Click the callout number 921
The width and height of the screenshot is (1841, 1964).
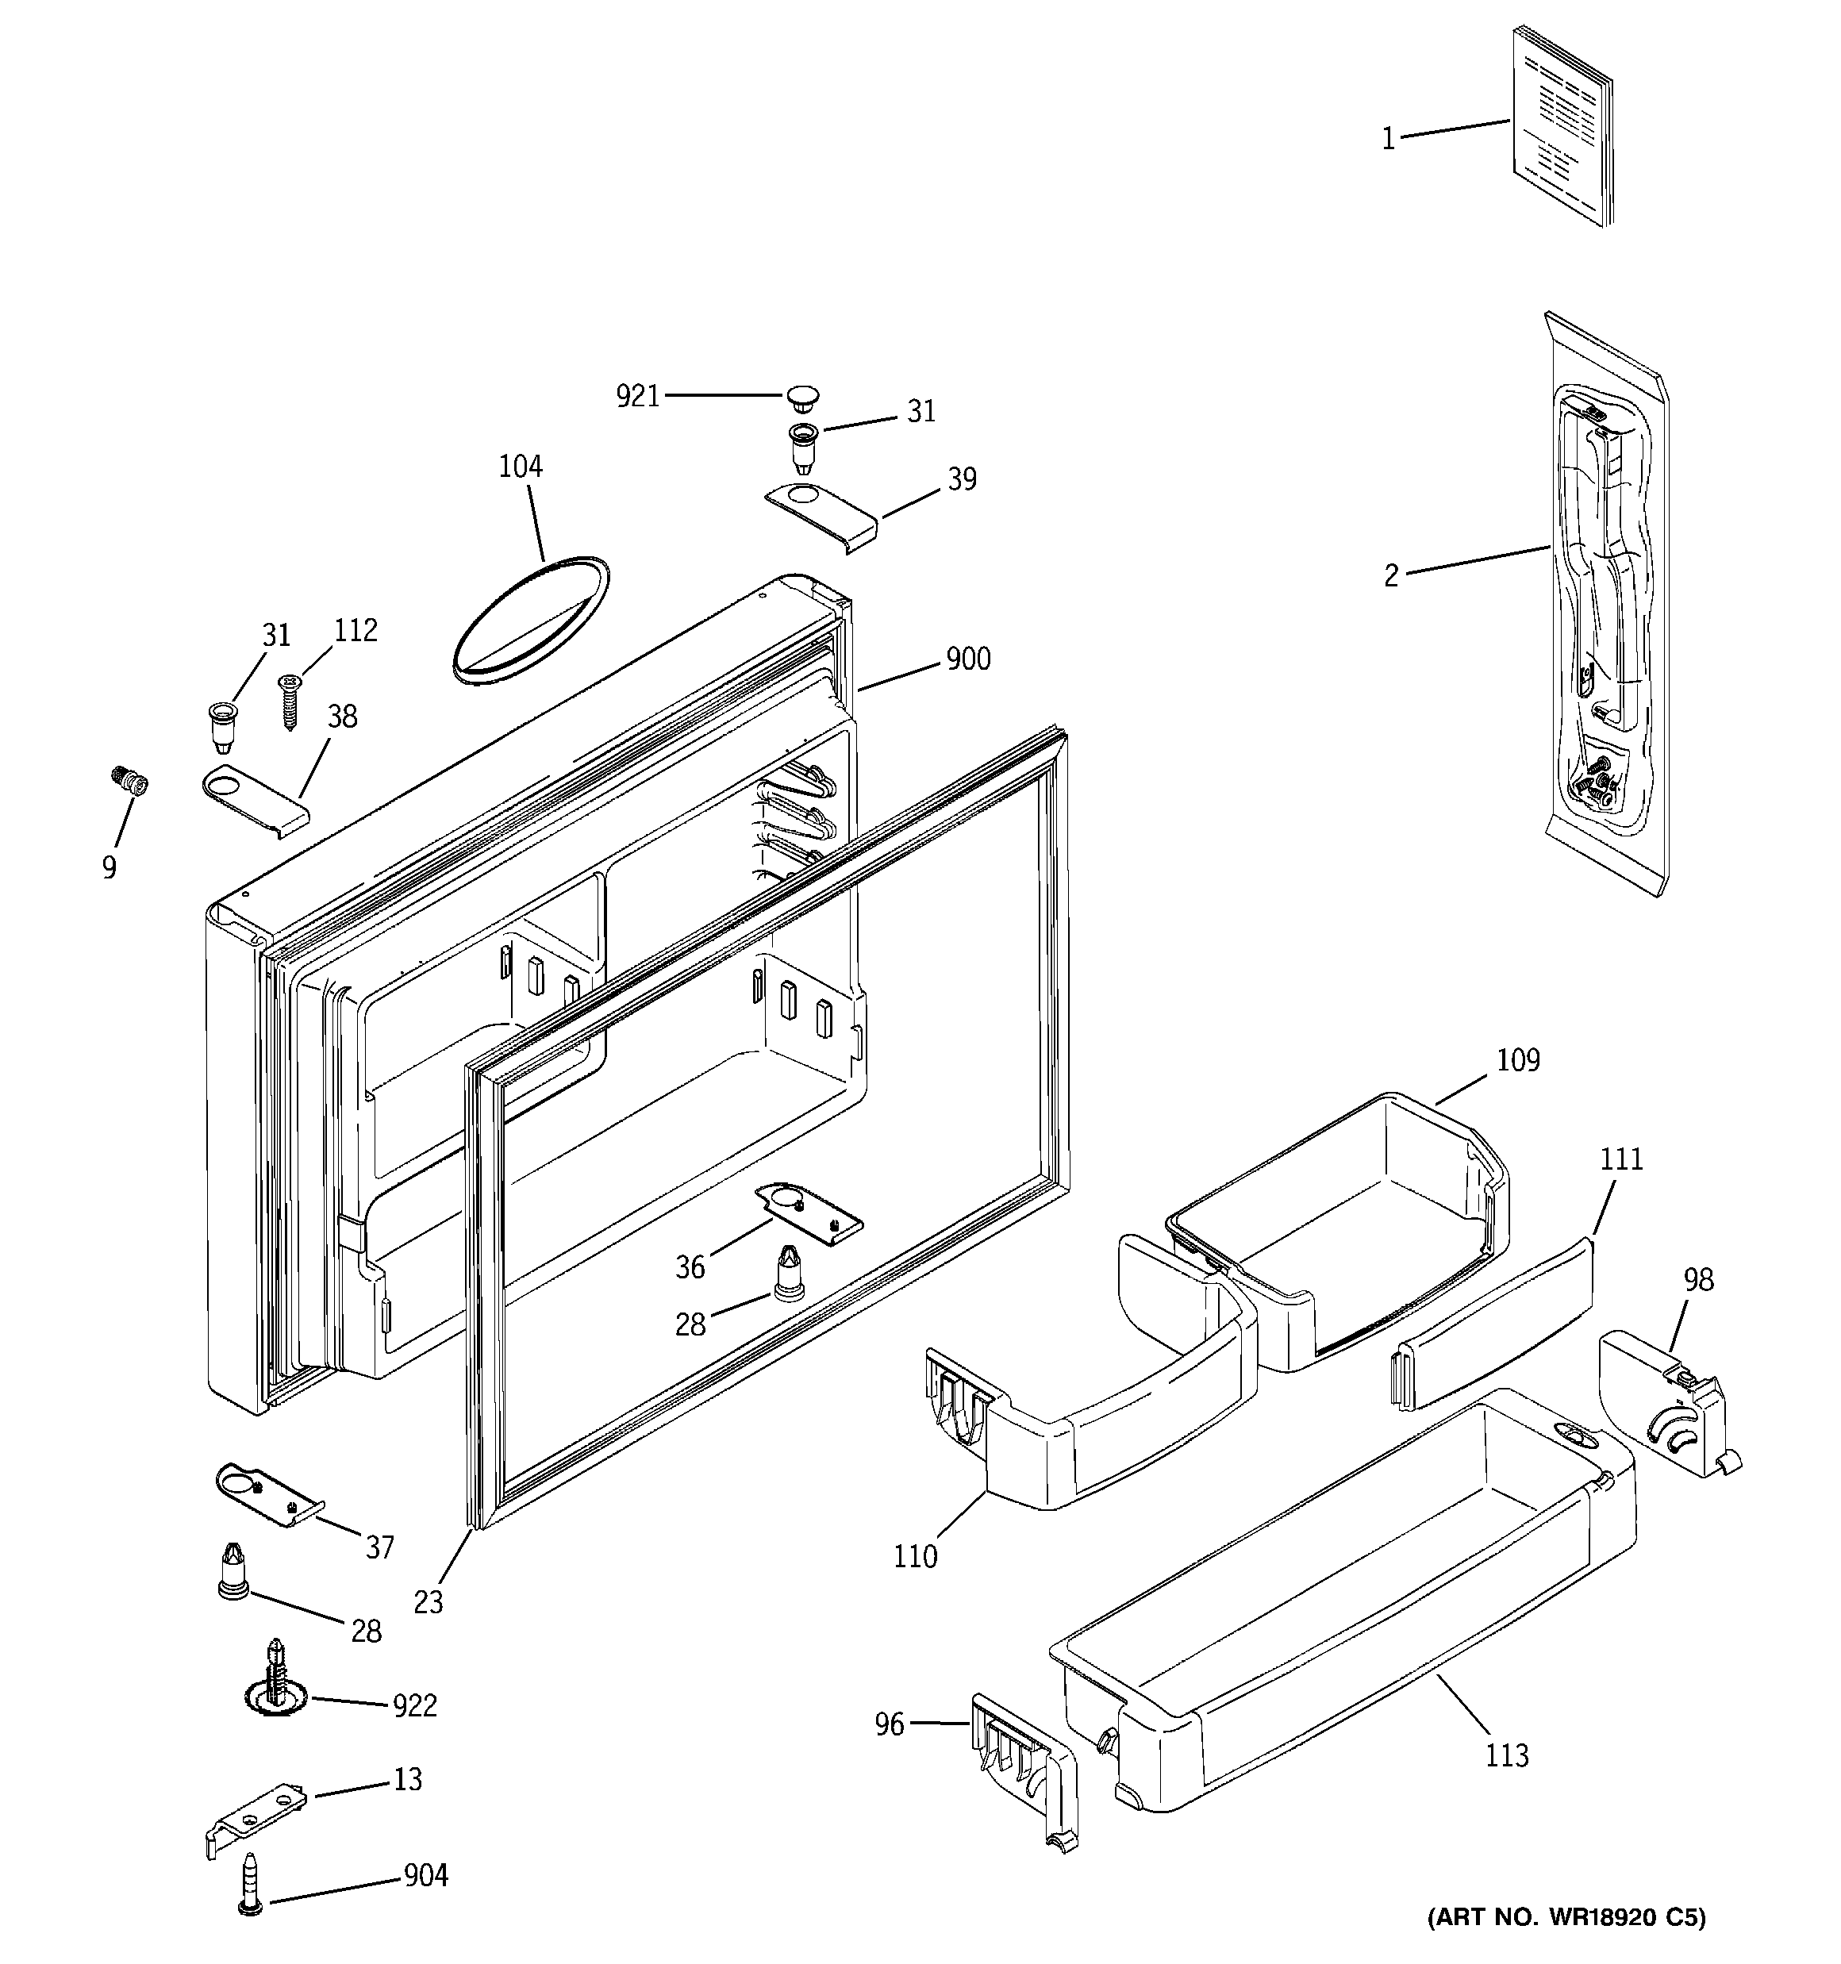pos(637,396)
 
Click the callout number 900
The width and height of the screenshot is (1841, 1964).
pos(967,659)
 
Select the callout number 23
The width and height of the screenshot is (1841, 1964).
pos(428,1601)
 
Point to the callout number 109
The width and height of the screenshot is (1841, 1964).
pos(1517,1060)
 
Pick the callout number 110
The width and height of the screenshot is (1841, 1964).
pos(914,1556)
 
